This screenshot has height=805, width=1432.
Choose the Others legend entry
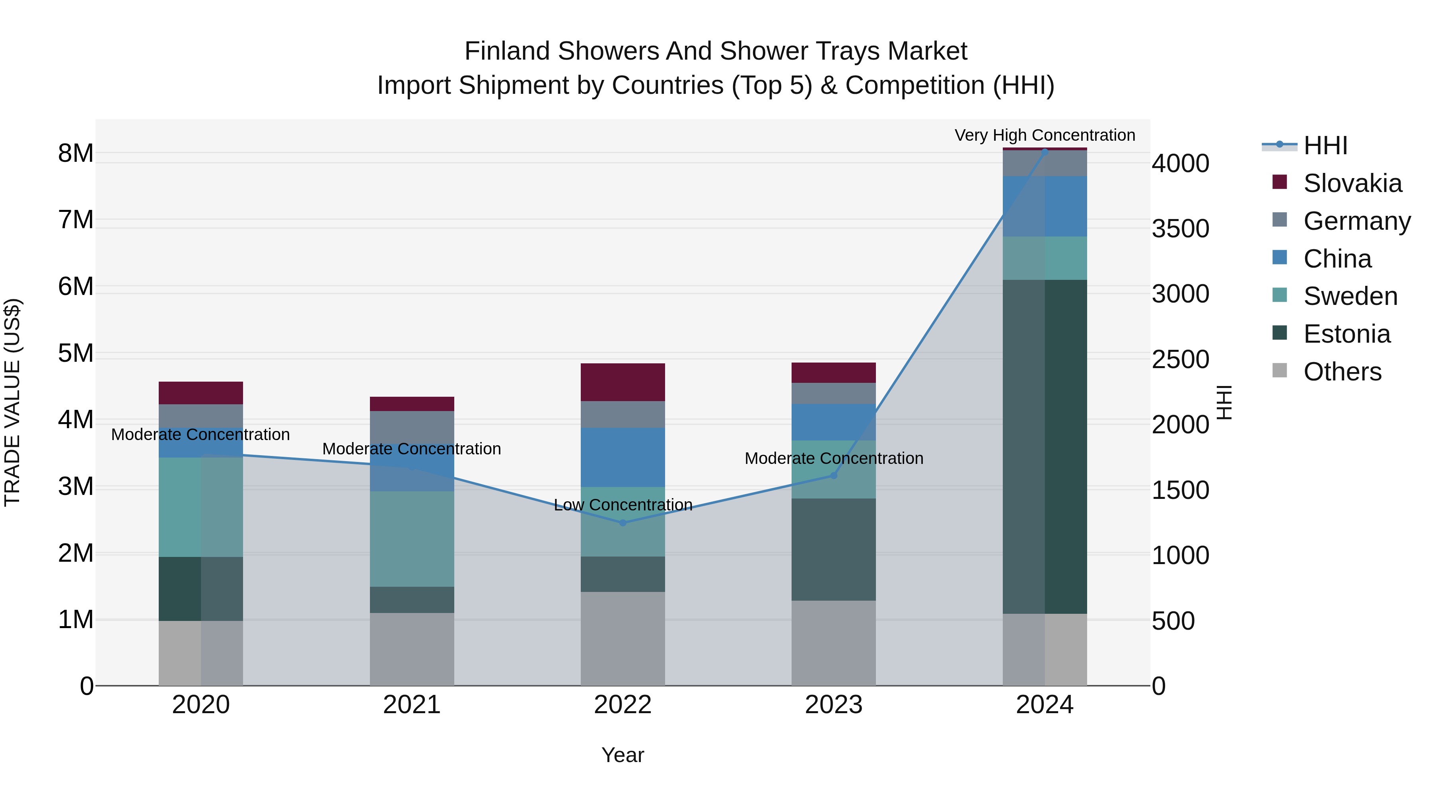(x=1342, y=372)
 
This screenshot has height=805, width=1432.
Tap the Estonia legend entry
(x=1346, y=334)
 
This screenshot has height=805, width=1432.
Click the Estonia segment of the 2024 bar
(x=1045, y=447)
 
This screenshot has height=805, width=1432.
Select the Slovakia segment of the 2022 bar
(x=623, y=382)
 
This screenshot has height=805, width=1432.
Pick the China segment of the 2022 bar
(x=623, y=457)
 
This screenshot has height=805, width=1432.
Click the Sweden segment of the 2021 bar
(x=412, y=539)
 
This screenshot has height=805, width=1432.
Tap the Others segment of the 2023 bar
(x=833, y=643)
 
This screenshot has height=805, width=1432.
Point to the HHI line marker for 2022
(x=623, y=523)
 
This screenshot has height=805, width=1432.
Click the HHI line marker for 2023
(x=833, y=475)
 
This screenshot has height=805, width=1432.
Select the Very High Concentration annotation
(x=1045, y=135)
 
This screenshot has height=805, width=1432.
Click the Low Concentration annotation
(x=623, y=504)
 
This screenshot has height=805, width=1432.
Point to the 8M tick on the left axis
(x=76, y=153)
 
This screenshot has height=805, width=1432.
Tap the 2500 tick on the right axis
(x=1180, y=359)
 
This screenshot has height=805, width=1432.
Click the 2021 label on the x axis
(x=412, y=705)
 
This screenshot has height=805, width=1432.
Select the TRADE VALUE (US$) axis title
(x=12, y=402)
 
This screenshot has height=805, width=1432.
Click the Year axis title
(x=623, y=755)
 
